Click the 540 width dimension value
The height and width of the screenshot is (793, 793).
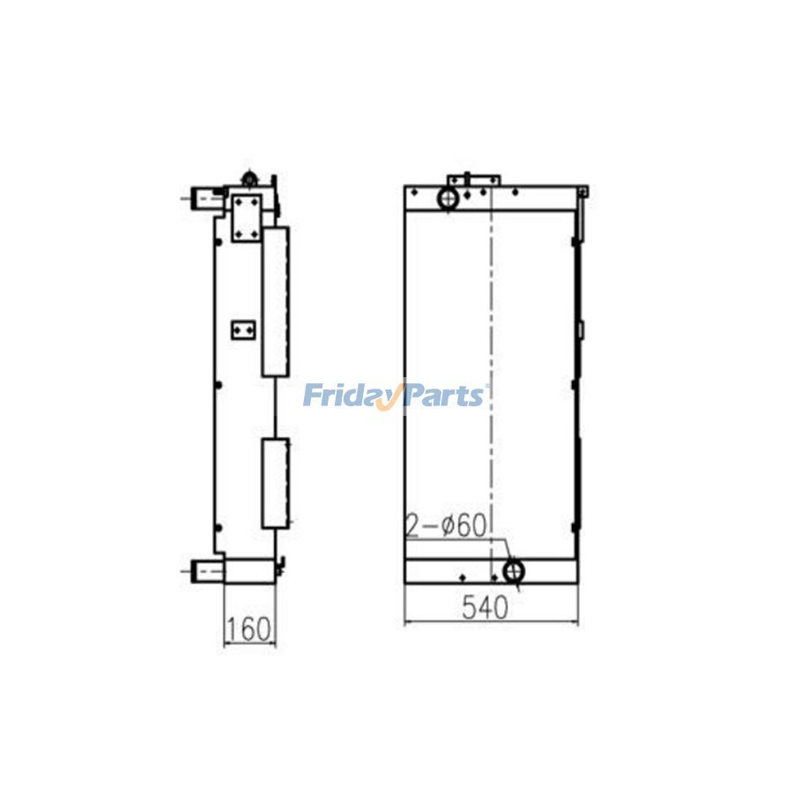tap(483, 608)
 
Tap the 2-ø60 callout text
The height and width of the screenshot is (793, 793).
tap(446, 526)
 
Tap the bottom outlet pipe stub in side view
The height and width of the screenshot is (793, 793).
tap(205, 571)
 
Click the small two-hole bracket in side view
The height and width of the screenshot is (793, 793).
tap(242, 330)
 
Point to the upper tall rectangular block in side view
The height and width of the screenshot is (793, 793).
tap(276, 300)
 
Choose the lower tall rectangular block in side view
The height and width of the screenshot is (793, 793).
tap(276, 483)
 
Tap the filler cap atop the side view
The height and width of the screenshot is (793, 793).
tap(250, 179)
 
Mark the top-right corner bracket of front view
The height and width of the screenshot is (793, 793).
tap(583, 192)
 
